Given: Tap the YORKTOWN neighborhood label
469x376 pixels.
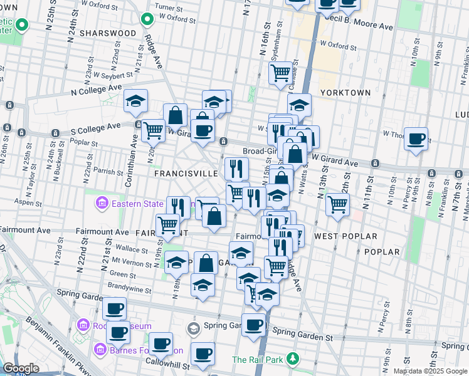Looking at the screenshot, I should pyautogui.click(x=345, y=92).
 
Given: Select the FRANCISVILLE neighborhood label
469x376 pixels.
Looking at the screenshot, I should pyautogui.click(x=186, y=173).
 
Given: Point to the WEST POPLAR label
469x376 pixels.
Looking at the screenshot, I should pyautogui.click(x=345, y=236).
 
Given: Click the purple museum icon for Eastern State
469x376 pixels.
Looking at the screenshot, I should pyautogui.click(x=101, y=203).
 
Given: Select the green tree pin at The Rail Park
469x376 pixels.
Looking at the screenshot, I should pyautogui.click(x=292, y=359).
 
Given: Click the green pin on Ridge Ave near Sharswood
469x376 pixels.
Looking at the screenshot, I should pyautogui.click(x=147, y=19).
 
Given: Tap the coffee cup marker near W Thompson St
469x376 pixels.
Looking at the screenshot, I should pyautogui.click(x=415, y=138).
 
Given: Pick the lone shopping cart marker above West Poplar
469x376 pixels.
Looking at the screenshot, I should pyautogui.click(x=337, y=204).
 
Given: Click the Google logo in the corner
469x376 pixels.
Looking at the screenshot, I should pyautogui.click(x=21, y=368).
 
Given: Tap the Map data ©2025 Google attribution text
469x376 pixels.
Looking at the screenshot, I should pyautogui.click(x=429, y=371).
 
